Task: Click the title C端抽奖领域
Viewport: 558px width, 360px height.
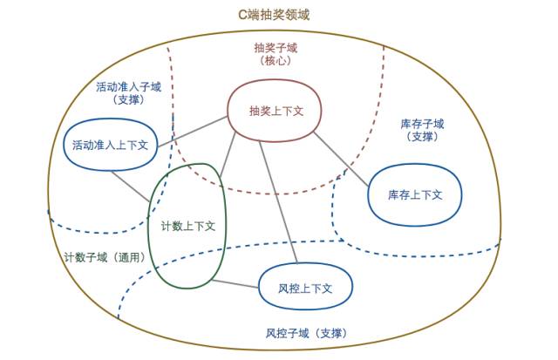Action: tap(274, 15)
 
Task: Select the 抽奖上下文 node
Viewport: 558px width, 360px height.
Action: tap(276, 112)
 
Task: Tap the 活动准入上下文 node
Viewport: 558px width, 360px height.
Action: tap(110, 145)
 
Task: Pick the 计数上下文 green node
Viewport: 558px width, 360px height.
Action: tap(187, 226)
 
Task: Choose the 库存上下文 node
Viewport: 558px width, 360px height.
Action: tap(415, 194)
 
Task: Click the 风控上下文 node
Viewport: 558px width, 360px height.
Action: tap(306, 287)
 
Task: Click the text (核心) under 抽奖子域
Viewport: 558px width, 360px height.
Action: tap(276, 61)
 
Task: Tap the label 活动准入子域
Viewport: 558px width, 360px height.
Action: tap(127, 86)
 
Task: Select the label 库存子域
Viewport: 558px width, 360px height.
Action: tap(422, 124)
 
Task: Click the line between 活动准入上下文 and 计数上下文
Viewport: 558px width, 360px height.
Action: tap(131, 187)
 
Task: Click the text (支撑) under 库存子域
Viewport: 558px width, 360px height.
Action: tap(422, 137)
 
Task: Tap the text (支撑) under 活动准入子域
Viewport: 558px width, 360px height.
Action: tap(127, 99)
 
